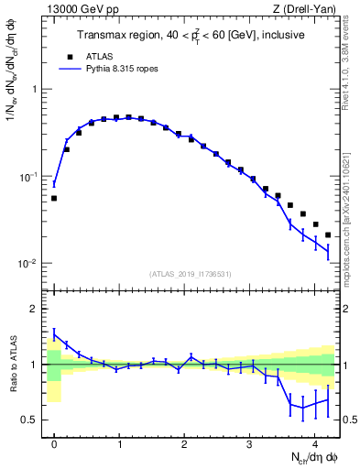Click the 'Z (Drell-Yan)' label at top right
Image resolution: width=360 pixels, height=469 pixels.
pyautogui.click(x=308, y=10)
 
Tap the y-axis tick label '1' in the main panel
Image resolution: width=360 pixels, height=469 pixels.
pyautogui.click(x=35, y=89)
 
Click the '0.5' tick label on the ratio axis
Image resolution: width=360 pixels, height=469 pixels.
pyautogui.click(x=30, y=420)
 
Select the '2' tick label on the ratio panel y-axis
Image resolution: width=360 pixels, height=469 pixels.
pyautogui.click(x=35, y=309)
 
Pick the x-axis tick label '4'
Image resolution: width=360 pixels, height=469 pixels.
pyautogui.click(x=314, y=442)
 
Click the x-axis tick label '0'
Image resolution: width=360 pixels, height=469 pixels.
pyautogui.click(x=54, y=442)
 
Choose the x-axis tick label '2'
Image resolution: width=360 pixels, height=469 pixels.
pyautogui.click(x=184, y=442)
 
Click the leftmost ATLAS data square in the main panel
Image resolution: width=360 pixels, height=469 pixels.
pyautogui.click(x=54, y=198)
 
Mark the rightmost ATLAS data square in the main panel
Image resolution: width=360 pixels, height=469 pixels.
pyautogui.click(x=328, y=234)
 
